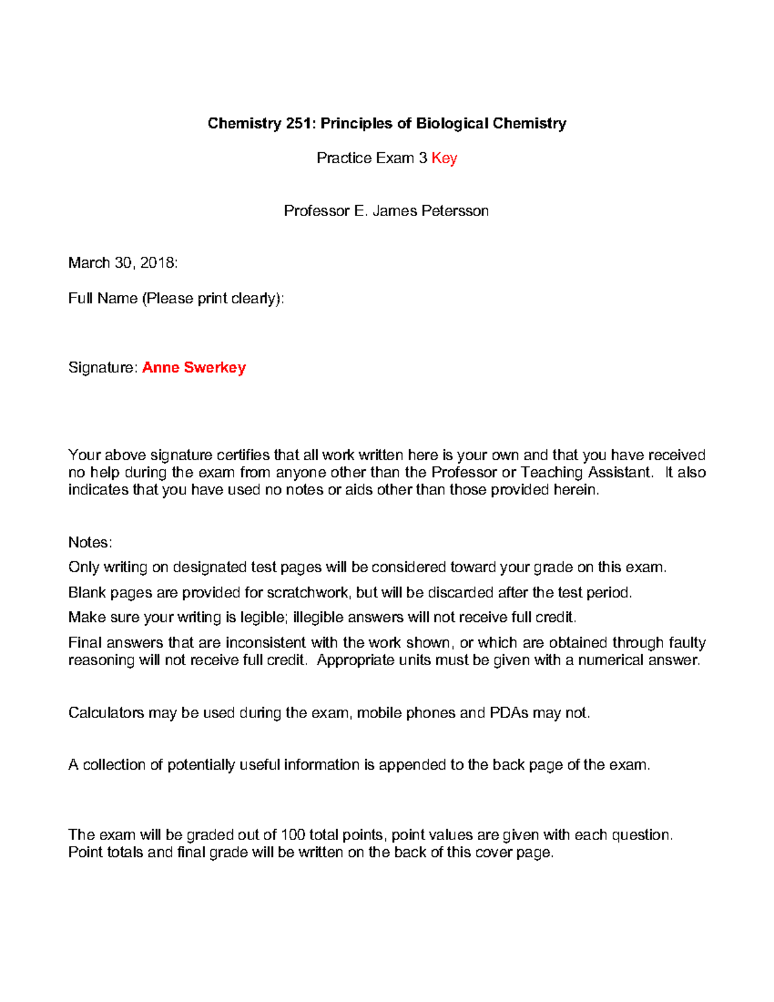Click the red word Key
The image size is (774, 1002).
[x=444, y=158]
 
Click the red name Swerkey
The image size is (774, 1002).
[x=215, y=367]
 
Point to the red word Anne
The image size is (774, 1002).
[x=161, y=367]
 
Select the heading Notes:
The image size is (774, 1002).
[x=90, y=542]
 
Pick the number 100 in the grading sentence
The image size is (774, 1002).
[x=293, y=835]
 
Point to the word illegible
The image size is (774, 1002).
[x=318, y=617]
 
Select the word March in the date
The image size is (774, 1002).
[x=89, y=263]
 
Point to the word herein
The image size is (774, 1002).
[x=576, y=490]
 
